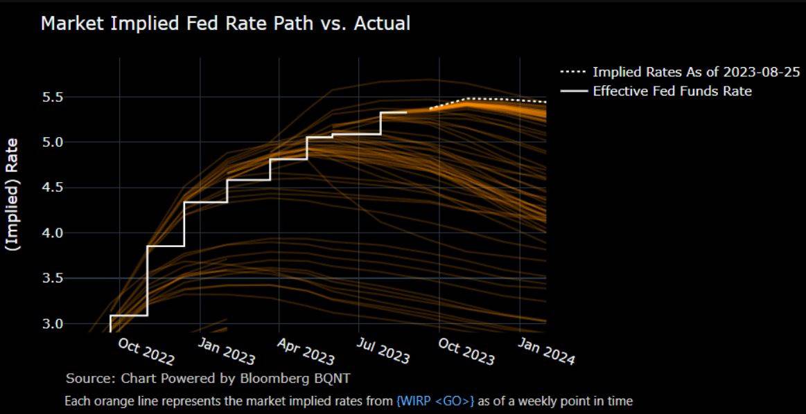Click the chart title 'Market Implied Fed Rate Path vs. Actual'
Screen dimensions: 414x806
tap(225, 24)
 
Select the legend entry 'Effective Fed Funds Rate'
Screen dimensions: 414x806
tap(672, 91)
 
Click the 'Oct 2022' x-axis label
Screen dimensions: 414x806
tap(146, 350)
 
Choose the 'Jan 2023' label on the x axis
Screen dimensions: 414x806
tap(227, 350)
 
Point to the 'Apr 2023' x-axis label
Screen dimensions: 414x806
tap(306, 350)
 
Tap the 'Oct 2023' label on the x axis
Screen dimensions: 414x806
tap(466, 350)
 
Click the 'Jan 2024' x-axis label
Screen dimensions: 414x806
tap(547, 350)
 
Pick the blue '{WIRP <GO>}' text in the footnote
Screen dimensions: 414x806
tap(435, 401)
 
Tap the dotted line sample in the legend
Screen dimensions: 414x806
tap(573, 73)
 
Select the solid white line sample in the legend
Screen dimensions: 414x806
tap(573, 91)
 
